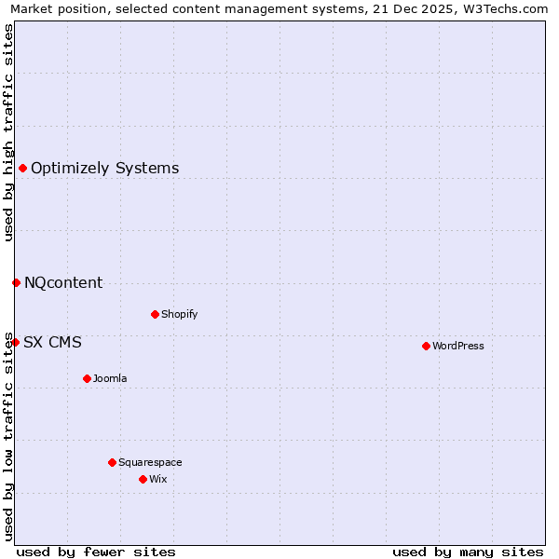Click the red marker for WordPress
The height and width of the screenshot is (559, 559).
click(426, 346)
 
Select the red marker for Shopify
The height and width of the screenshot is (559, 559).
click(155, 314)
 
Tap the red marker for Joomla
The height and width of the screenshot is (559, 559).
click(87, 378)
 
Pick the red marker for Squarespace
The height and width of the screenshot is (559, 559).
click(112, 462)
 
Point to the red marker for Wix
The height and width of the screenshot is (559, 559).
click(143, 479)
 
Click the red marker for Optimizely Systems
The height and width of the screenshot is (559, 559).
click(22, 168)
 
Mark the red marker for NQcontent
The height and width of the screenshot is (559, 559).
click(16, 282)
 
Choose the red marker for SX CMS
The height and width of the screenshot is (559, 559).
click(15, 342)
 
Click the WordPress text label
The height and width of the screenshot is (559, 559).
click(458, 346)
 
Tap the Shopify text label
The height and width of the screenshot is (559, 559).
click(180, 314)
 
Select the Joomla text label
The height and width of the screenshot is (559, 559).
click(110, 378)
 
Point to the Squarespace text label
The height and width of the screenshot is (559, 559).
click(150, 462)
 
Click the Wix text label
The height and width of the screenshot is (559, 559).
click(158, 479)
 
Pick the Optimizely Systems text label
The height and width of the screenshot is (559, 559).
click(105, 169)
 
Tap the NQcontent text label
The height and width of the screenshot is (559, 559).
click(63, 283)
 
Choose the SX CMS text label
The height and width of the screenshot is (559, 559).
click(52, 343)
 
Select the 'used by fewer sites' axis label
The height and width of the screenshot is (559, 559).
click(96, 552)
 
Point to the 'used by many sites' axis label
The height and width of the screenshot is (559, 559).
click(468, 552)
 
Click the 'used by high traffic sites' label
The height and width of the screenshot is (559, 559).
click(8, 133)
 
